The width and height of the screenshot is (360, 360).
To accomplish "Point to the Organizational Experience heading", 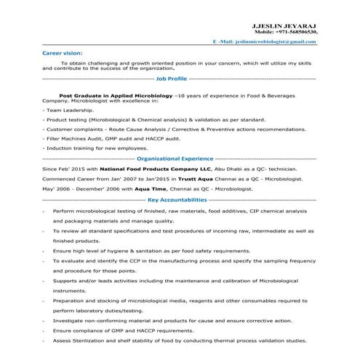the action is (175, 157).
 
